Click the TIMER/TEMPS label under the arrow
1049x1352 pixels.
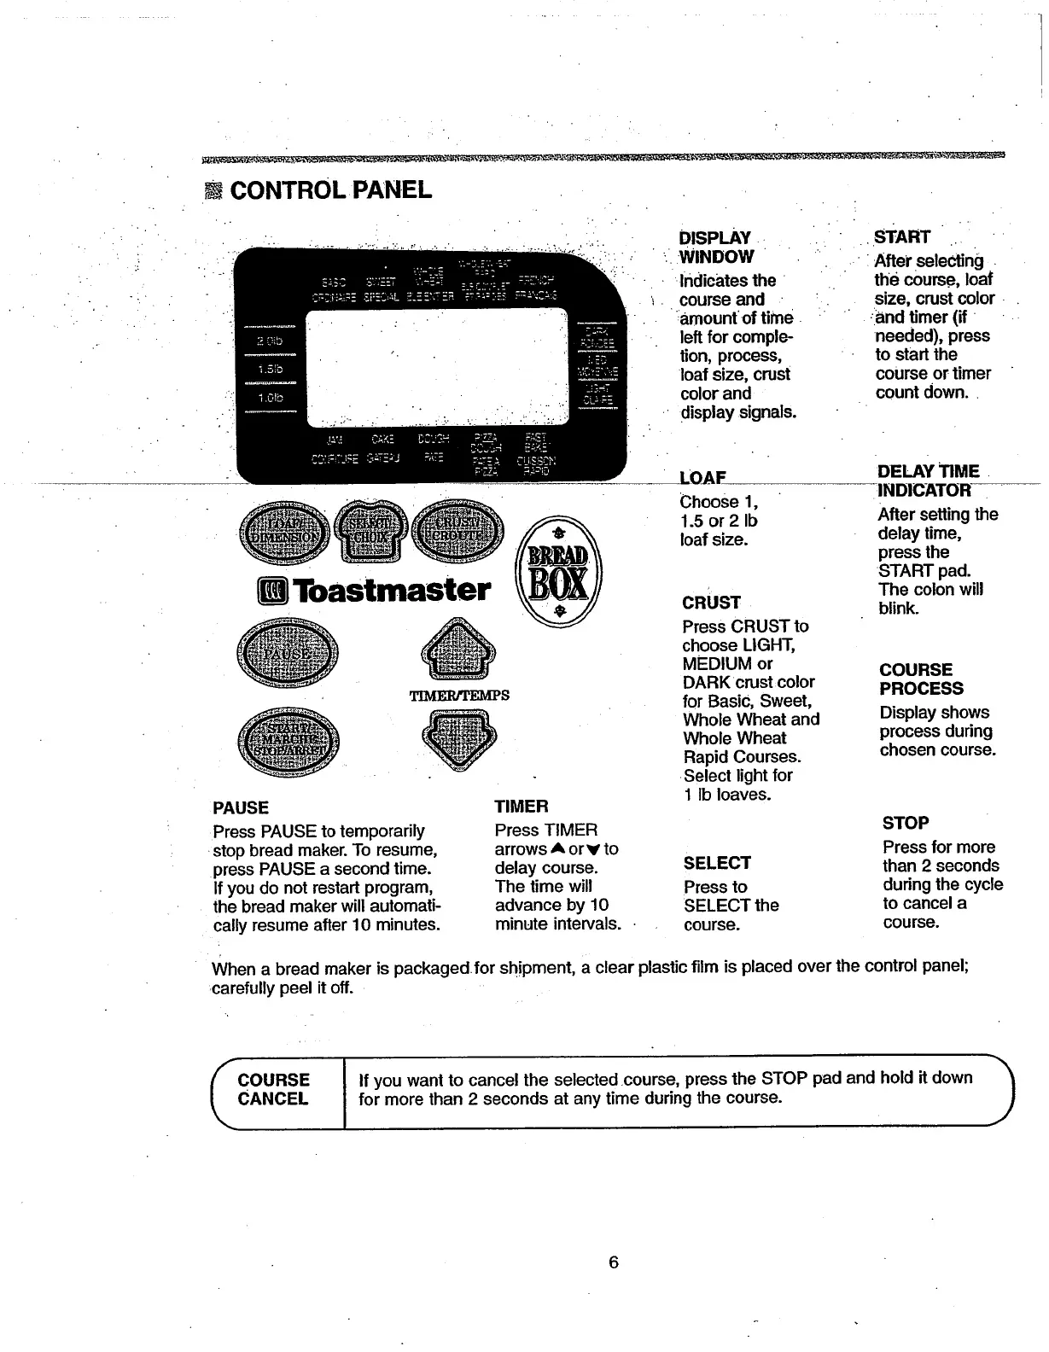(x=459, y=695)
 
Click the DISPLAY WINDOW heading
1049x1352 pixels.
(x=716, y=247)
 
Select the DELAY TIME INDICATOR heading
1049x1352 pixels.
(x=928, y=481)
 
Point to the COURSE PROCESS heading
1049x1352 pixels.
(x=921, y=679)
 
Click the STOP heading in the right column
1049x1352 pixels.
(x=905, y=823)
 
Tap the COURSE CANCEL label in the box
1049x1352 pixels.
(x=273, y=1089)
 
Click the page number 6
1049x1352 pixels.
(x=613, y=1262)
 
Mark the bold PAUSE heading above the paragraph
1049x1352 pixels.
(x=240, y=807)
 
